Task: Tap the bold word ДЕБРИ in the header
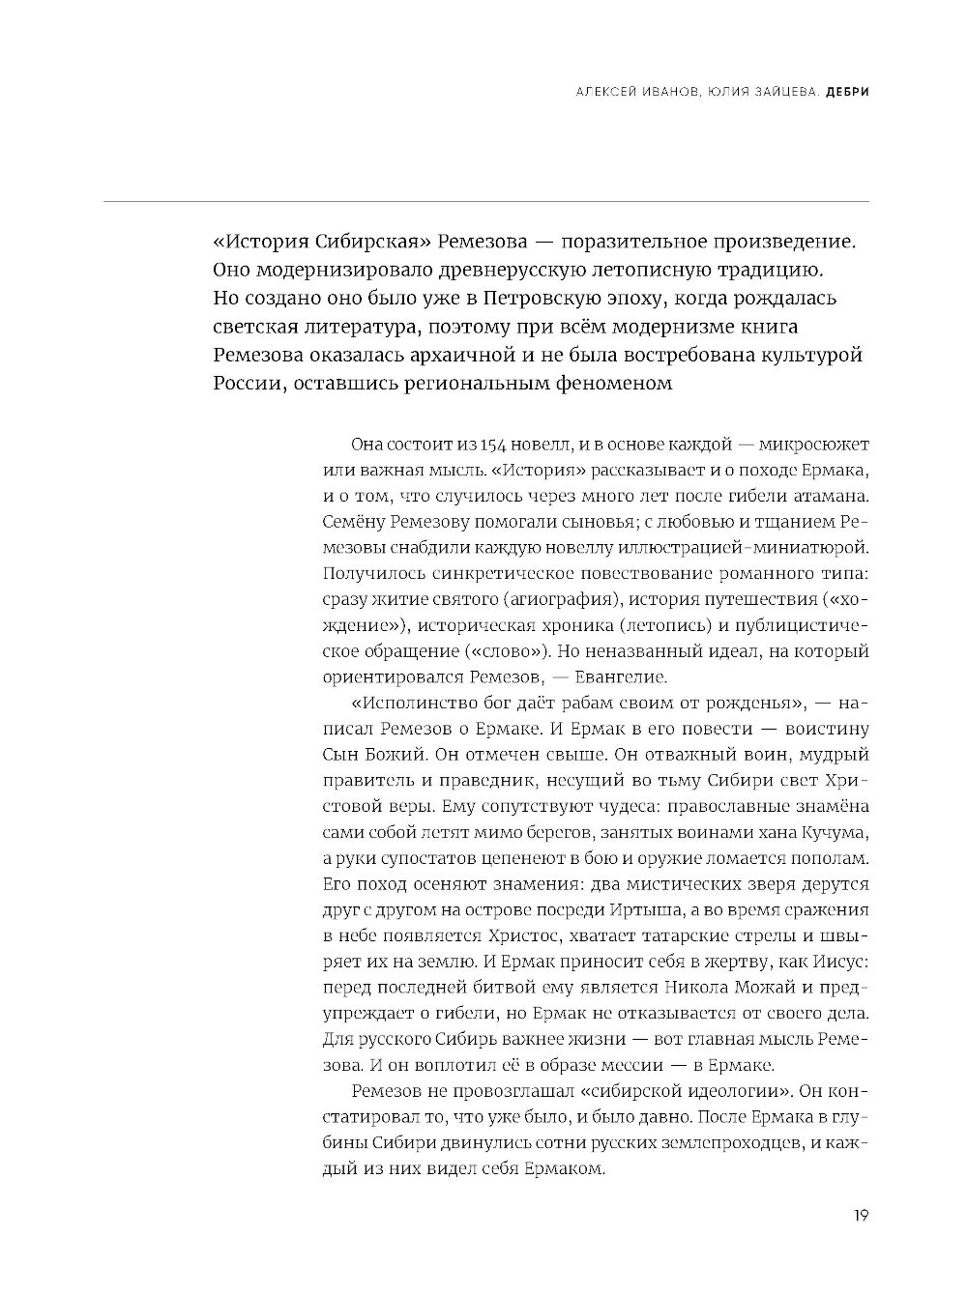847,94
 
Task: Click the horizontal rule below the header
483,201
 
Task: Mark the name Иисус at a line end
842,962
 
